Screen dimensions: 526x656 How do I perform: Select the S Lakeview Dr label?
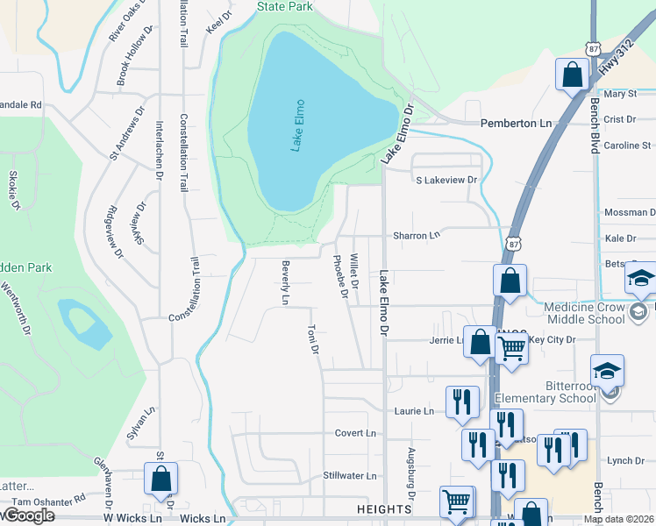pos(446,180)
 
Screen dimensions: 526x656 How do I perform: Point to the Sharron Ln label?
pos(416,236)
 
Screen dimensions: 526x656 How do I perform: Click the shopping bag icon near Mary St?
pos(572,75)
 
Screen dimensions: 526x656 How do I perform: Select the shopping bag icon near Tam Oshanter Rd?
pos(160,479)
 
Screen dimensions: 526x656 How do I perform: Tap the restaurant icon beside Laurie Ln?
pos(462,402)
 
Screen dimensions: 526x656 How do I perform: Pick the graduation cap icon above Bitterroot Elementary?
pos(607,371)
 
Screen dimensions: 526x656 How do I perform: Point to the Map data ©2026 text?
pos(619,519)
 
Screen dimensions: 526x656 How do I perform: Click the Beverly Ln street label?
pos(285,282)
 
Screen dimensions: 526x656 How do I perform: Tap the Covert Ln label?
pos(355,433)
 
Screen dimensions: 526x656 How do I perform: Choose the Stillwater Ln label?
pos(349,476)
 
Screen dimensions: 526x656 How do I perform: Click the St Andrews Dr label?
pos(125,138)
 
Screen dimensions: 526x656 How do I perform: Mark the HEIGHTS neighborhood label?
pos(384,509)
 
